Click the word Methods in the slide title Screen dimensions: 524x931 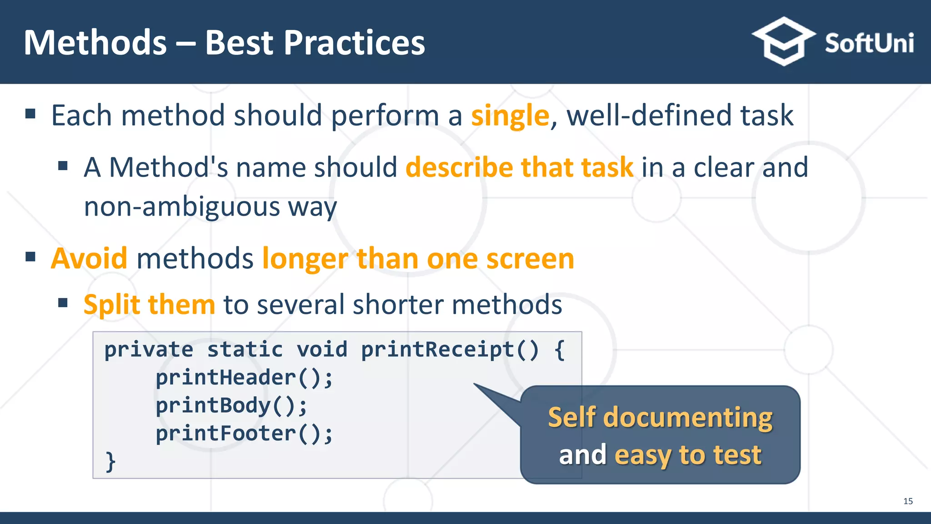pyautogui.click(x=95, y=43)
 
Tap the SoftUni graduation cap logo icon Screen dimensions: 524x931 pyautogui.click(x=783, y=42)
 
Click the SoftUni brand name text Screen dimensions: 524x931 pyautogui.click(x=869, y=44)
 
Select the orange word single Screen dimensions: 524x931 pyautogui.click(x=510, y=116)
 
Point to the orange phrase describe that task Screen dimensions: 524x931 pyautogui.click(x=519, y=167)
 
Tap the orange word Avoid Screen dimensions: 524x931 pyautogui.click(x=89, y=258)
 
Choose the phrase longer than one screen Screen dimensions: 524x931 pyautogui.click(x=418, y=258)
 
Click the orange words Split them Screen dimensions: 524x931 pyautogui.click(x=149, y=304)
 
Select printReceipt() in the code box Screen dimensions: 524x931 pyautogui.click(x=450, y=350)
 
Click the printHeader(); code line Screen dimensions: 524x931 pyautogui.click(x=244, y=378)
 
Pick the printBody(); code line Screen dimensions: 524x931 pyautogui.click(x=231, y=406)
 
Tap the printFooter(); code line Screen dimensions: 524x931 pyautogui.click(x=244, y=433)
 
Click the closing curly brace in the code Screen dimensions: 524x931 pyautogui.click(x=110, y=461)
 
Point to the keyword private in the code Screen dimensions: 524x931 pyautogui.click(x=149, y=350)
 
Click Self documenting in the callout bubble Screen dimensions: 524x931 pyautogui.click(x=660, y=417)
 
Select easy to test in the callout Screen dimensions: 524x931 pyautogui.click(x=688, y=454)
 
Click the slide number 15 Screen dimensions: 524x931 pyautogui.click(x=908, y=501)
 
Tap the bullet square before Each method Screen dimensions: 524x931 pyautogui.click(x=30, y=114)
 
